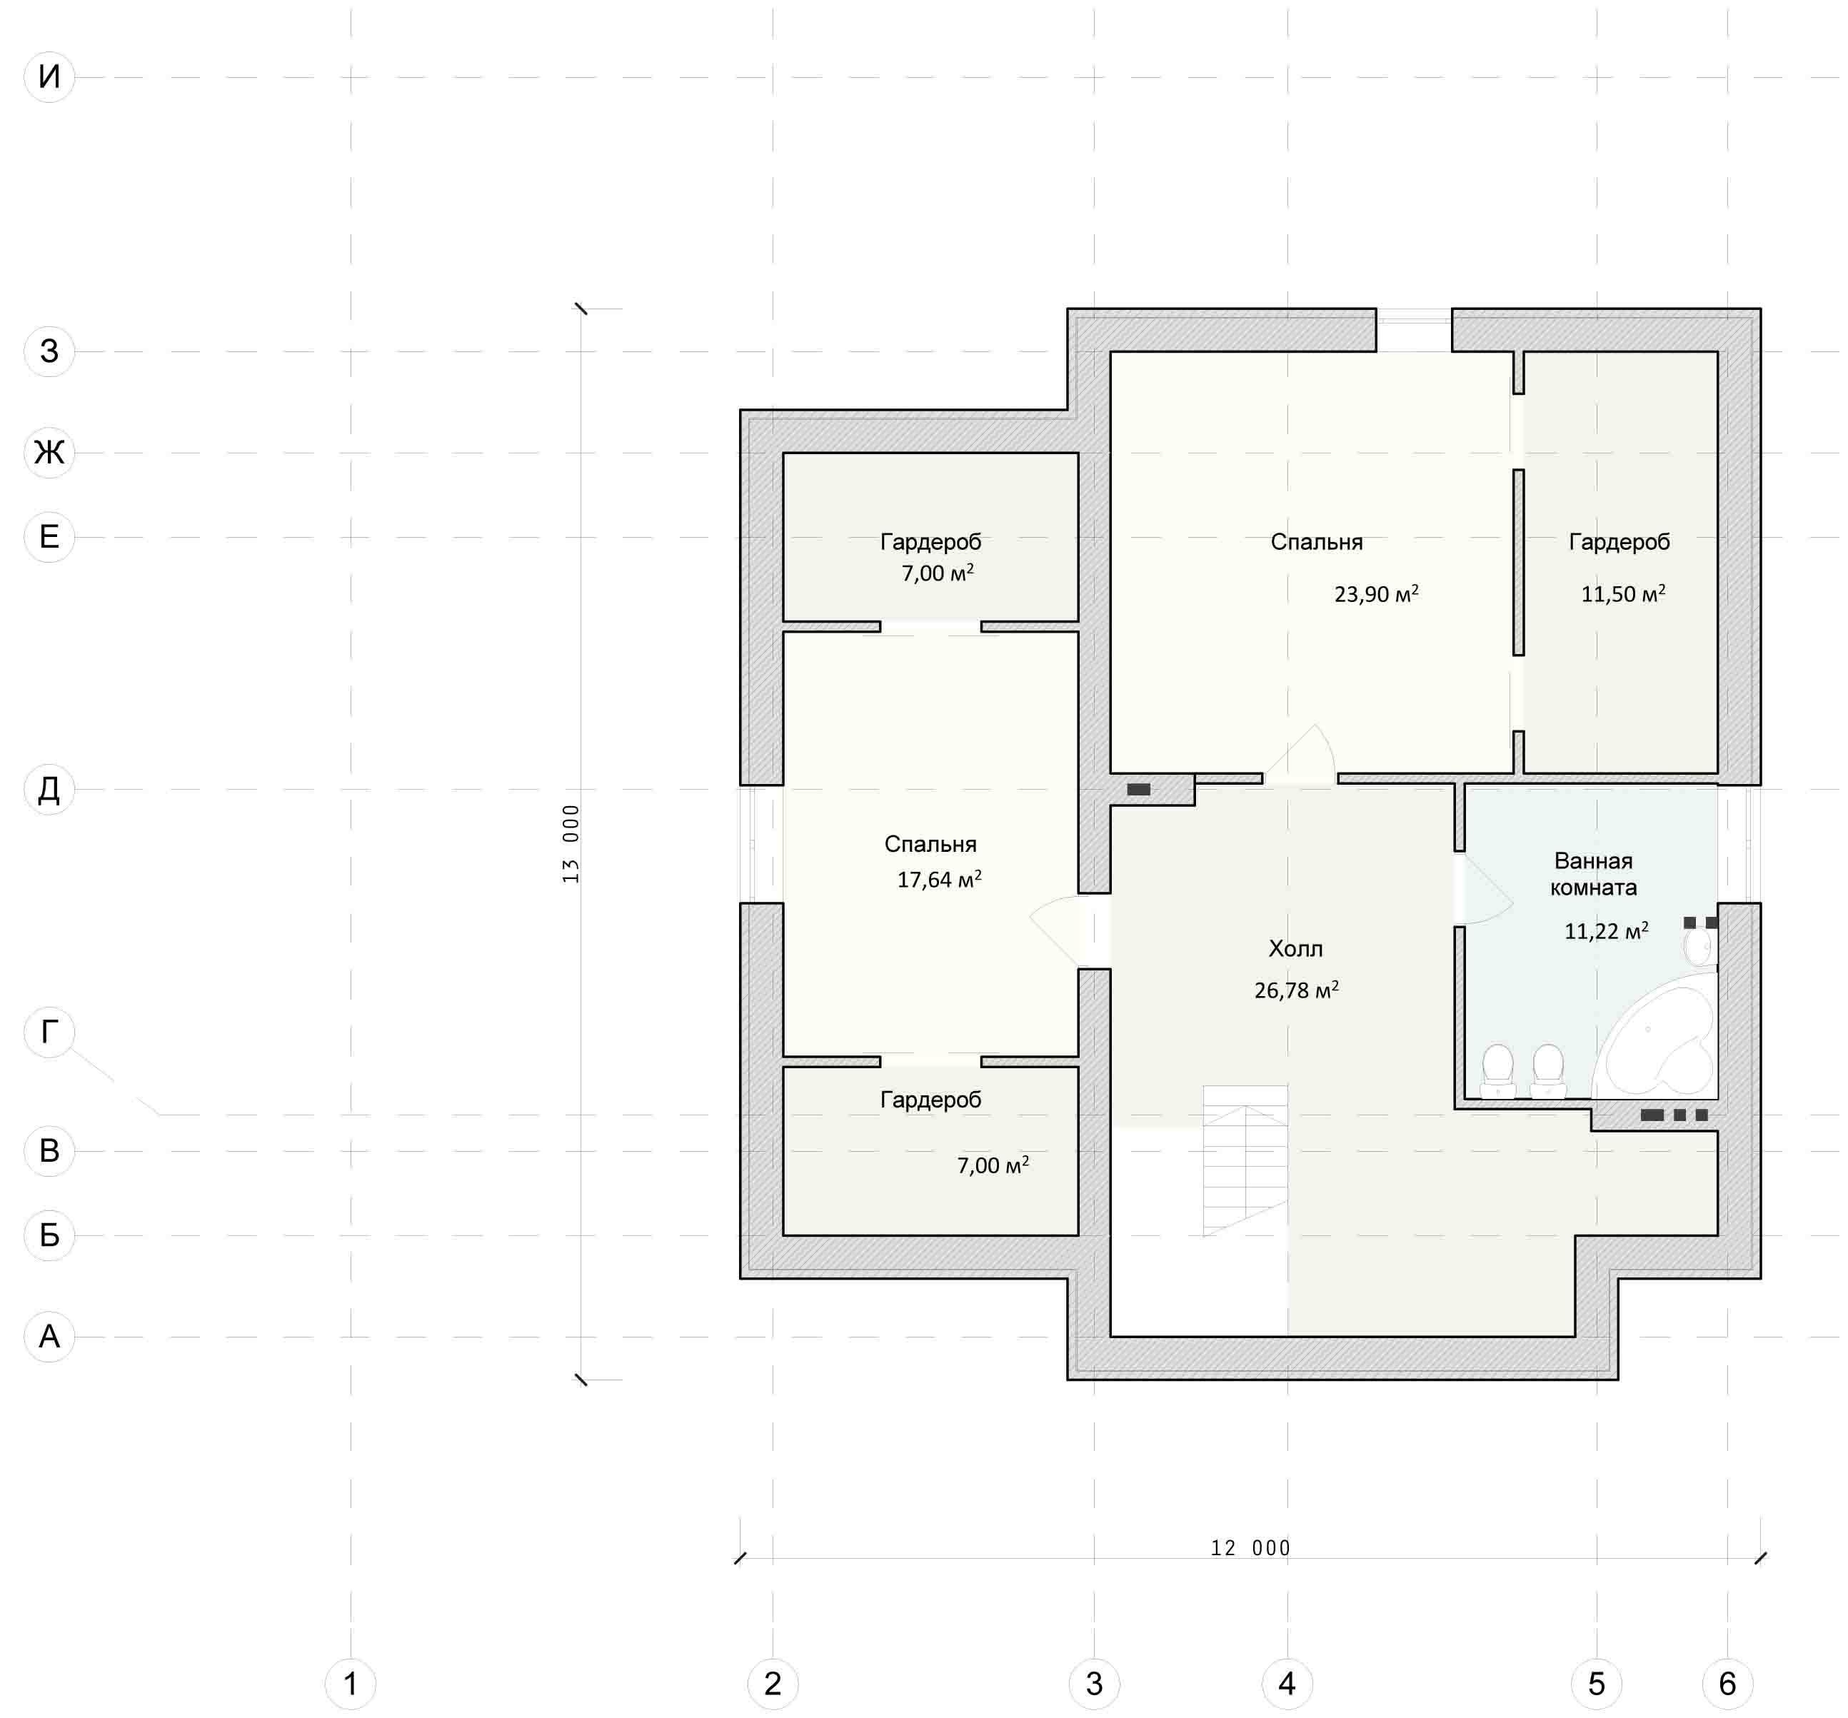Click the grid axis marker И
click(49, 77)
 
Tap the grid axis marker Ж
click(49, 453)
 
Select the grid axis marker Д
click(49, 789)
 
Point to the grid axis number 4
click(1287, 1684)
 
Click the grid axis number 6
click(1727, 1684)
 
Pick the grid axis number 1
click(351, 1684)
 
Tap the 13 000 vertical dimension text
click(571, 843)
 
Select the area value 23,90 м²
click(1376, 593)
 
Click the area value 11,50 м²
click(1623, 593)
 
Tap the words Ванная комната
click(1593, 874)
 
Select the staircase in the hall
click(1245, 1160)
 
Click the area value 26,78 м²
click(1296, 990)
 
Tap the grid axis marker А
click(49, 1337)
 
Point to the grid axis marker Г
click(49, 1032)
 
